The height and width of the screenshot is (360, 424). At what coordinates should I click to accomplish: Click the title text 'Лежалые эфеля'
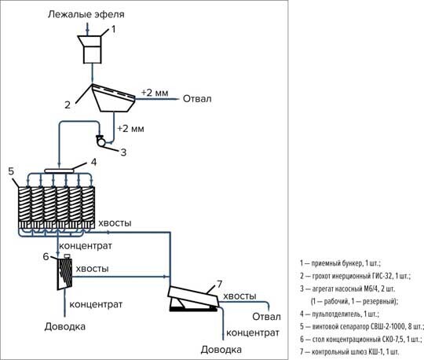coord(86,14)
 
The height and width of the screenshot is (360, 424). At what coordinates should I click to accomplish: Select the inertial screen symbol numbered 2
coord(114,97)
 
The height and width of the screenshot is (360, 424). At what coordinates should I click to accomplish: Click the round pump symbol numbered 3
coord(101,141)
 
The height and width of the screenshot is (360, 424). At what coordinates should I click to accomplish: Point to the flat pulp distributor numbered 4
coord(59,171)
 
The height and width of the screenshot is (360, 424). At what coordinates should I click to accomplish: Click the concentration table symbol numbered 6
coord(64,273)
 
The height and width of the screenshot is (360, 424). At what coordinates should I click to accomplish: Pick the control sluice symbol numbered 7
coord(193,299)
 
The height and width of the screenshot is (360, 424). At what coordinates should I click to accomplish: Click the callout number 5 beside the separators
coord(11,171)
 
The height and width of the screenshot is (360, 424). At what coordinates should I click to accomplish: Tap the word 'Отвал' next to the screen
coord(197,99)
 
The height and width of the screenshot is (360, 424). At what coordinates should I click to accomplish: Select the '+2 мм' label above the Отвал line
coord(155,93)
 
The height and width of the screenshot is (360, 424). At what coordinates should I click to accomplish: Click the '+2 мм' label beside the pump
coord(130,128)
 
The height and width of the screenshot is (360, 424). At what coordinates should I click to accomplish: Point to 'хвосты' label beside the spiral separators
coord(115,223)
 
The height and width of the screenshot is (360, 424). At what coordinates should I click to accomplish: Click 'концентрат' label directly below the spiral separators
coord(86,246)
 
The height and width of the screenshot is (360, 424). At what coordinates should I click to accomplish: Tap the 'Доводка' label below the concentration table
coord(65,326)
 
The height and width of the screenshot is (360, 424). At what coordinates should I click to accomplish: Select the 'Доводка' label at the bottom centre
coord(221,350)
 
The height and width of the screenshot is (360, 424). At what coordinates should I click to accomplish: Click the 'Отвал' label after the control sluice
coord(267,317)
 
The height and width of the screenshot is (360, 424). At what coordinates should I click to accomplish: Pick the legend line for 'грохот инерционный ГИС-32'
coord(356,276)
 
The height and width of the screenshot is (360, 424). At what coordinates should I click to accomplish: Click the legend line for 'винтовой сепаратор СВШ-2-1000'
coord(361,326)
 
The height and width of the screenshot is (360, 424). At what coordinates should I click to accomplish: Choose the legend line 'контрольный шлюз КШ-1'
coord(349,352)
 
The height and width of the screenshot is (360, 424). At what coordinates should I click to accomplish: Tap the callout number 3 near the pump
coord(123,152)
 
